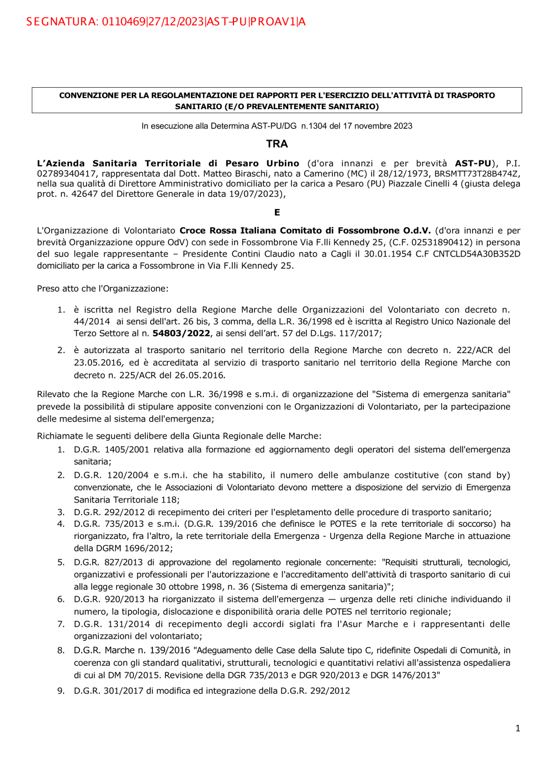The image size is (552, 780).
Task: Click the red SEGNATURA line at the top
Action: point(166,22)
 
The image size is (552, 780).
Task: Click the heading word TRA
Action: point(277,144)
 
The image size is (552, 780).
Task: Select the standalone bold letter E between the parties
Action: point(277,212)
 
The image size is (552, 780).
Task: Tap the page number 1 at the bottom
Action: point(518,728)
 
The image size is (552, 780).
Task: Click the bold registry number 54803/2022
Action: point(181,333)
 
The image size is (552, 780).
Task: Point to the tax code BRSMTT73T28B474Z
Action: point(476,174)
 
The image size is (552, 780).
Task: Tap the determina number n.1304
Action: point(314,126)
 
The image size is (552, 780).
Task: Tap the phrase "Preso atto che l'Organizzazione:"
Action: point(103,289)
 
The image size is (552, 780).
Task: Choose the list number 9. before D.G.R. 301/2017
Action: point(61,691)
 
